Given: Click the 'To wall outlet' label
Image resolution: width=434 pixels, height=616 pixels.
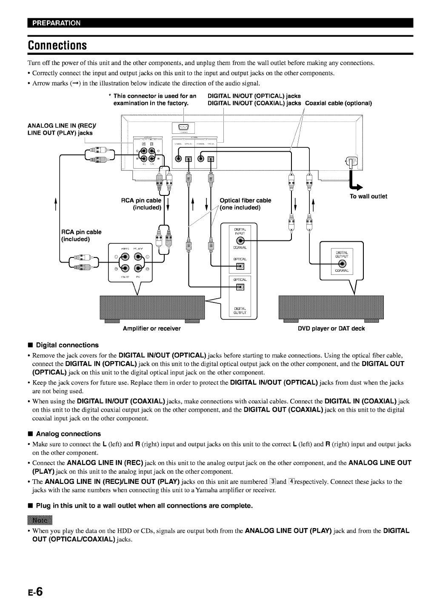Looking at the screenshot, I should pos(368,196).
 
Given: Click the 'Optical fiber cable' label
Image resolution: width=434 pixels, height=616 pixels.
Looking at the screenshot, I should pos(245,201).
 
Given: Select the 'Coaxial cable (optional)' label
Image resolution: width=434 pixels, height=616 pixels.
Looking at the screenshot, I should pos(339,103).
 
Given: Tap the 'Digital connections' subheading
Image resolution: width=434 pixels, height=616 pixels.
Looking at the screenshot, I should pos(67,345).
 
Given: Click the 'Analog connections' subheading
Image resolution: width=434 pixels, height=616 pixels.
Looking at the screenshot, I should pos(68,434).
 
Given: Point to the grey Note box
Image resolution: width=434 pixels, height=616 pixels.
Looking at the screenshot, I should pos(39,520).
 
